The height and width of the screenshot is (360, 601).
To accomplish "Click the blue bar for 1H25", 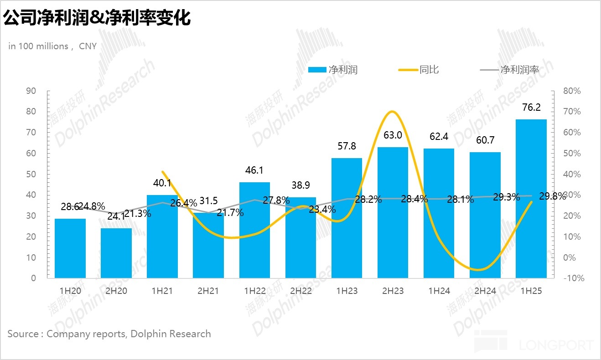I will click(x=531, y=198).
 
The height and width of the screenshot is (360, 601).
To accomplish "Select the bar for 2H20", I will click(x=116, y=253).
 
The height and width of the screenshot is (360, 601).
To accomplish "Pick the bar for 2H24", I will click(x=485, y=214).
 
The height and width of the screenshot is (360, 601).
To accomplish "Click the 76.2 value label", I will click(x=531, y=108).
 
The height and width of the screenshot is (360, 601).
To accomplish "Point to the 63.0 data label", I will click(x=393, y=135).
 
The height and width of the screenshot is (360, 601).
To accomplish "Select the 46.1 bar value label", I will click(x=254, y=170).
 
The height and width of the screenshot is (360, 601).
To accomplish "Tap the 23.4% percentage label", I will click(x=323, y=210).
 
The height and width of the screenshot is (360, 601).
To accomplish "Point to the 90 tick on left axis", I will click(x=31, y=91).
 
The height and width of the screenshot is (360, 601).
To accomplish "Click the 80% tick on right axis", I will click(x=571, y=91).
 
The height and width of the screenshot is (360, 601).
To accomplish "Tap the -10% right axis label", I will click(x=573, y=278).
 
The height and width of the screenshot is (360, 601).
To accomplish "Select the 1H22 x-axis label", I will click(x=254, y=291).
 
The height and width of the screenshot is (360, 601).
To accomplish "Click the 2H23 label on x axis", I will click(x=393, y=291).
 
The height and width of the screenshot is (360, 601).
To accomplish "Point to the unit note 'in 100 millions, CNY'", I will click(x=52, y=46).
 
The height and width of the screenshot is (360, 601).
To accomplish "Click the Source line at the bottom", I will click(x=109, y=334).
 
